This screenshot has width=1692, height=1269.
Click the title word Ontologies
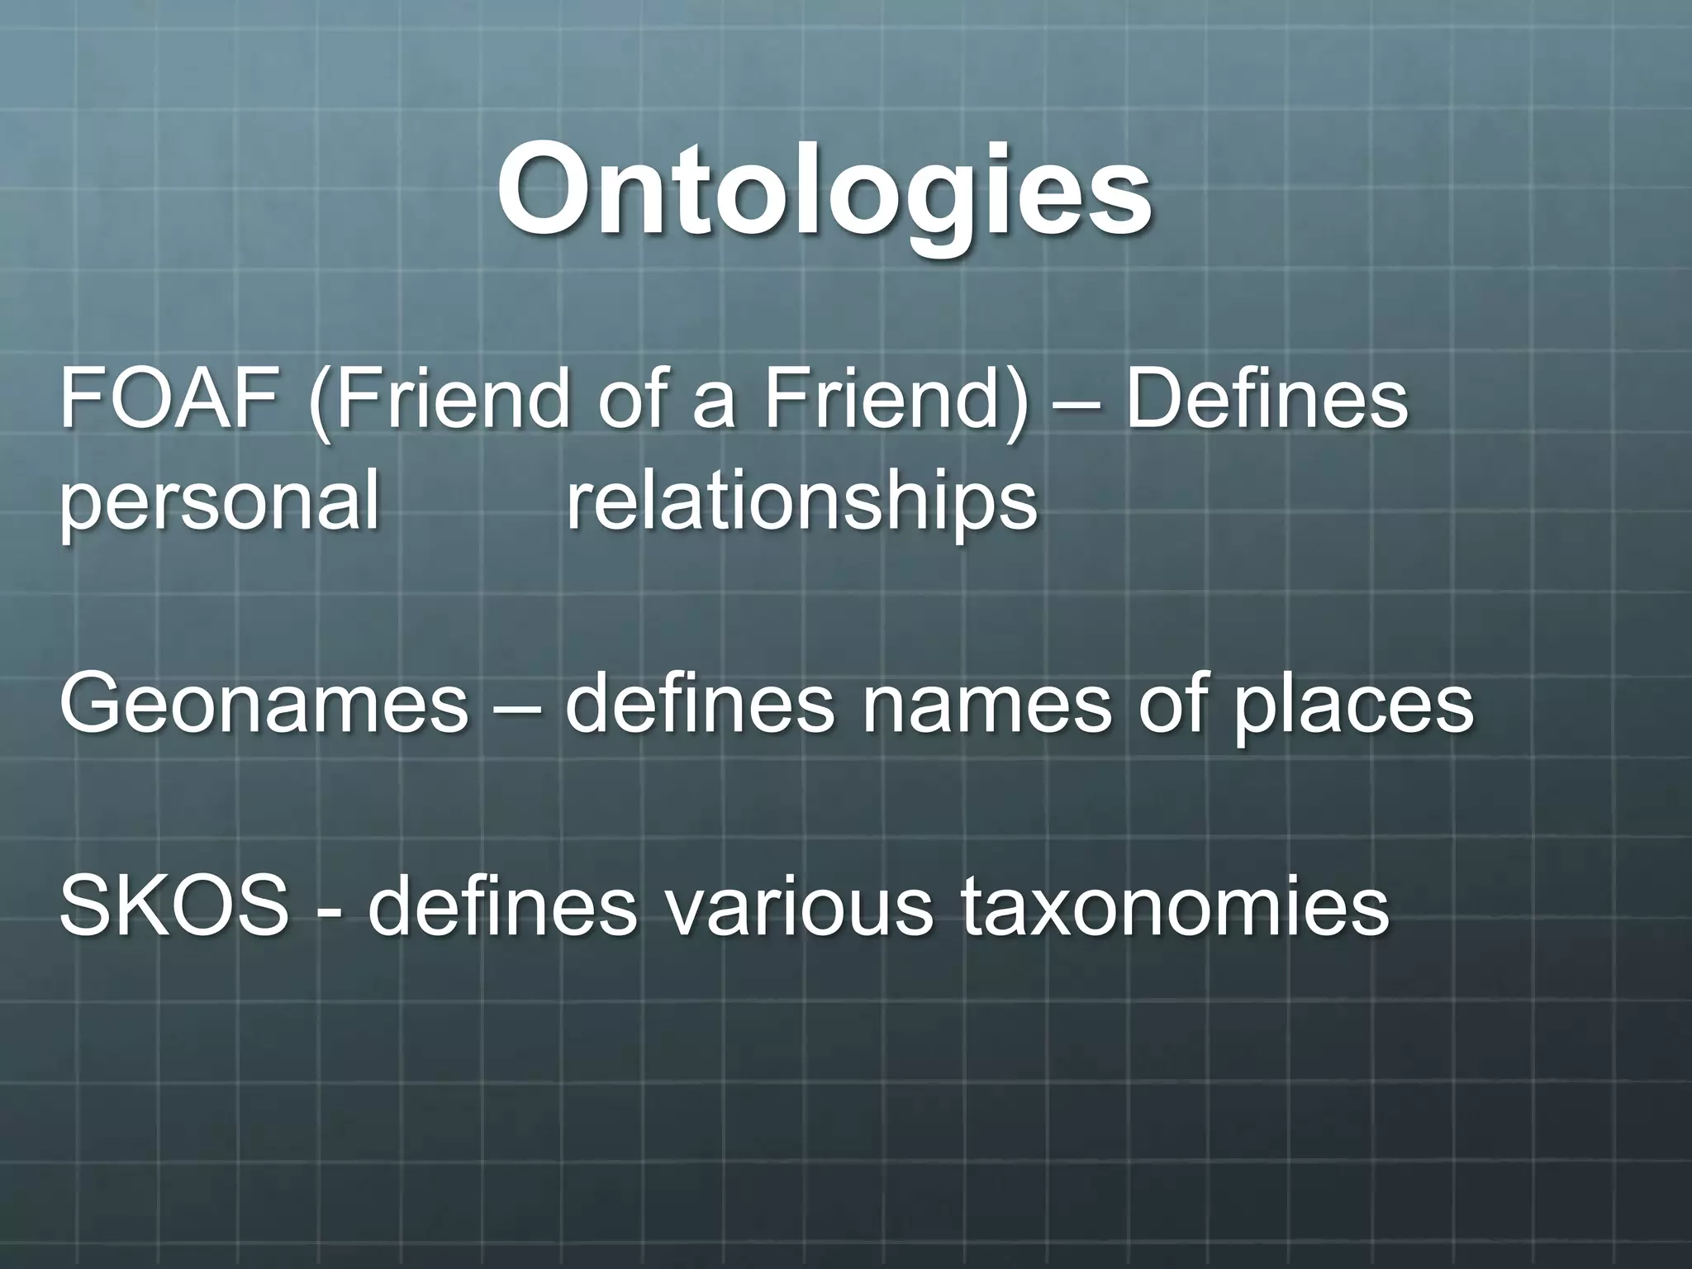824,192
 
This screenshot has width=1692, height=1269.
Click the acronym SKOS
174,907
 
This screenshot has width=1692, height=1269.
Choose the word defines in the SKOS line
502,907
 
